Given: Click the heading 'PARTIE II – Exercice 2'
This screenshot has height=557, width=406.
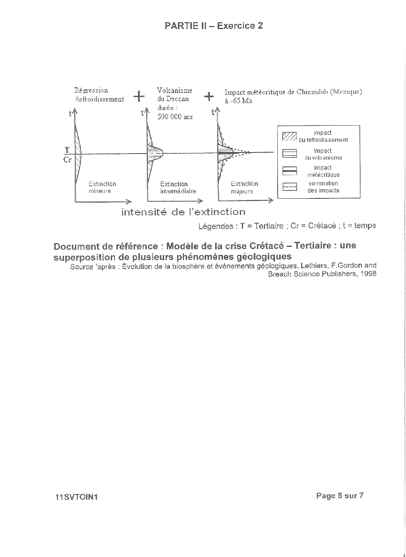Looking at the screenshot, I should click(214, 26).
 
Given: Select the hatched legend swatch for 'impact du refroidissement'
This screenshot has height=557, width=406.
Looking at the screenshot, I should click(289, 136).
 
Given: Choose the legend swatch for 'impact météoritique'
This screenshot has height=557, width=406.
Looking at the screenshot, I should click(289, 171).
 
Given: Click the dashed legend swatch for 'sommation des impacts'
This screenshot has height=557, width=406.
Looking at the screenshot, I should click(289, 187).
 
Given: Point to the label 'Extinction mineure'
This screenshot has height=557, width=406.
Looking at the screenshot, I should click(102, 188).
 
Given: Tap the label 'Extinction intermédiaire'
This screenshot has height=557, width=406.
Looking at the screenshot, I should click(178, 188).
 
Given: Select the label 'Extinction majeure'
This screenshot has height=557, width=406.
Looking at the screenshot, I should click(244, 188).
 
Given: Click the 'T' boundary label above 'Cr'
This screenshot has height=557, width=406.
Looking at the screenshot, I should click(67, 149).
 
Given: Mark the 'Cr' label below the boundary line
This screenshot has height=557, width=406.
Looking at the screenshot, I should click(68, 160).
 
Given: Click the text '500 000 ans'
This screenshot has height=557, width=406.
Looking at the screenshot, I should click(175, 117).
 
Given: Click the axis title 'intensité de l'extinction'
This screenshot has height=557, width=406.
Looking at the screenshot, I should click(183, 212).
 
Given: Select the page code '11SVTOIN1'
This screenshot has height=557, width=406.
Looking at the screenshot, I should click(76, 497).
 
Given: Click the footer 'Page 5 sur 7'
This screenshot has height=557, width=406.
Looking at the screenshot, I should click(339, 496).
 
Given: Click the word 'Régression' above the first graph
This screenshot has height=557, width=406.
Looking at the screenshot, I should click(91, 90).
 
